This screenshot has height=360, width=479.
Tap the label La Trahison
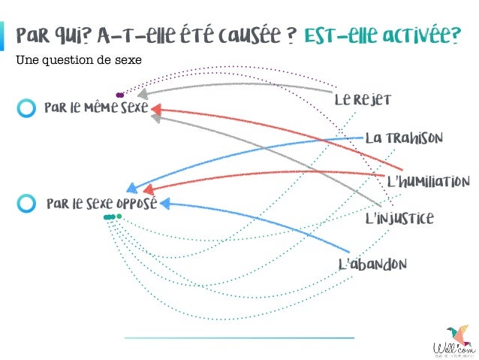[x=404, y=138]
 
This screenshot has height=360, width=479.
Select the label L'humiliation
[x=428, y=182]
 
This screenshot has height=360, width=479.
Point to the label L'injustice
[x=399, y=219]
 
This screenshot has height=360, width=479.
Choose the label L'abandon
[x=372, y=265]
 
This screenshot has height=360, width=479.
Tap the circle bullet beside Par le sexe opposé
[x=26, y=203]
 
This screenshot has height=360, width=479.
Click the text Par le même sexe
[x=96, y=108]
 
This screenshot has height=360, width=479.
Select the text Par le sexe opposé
[x=101, y=204]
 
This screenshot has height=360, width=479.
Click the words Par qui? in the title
[x=52, y=35]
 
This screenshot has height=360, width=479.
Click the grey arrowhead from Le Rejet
[x=143, y=95]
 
